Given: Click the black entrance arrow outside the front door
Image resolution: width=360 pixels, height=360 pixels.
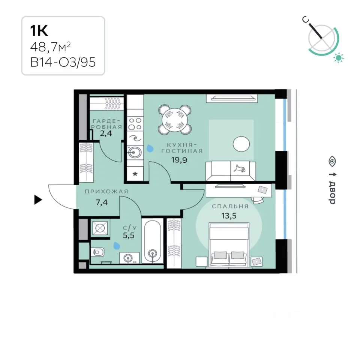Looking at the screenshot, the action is click(x=38, y=199).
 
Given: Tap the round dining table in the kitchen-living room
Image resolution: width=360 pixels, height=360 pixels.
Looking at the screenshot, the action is click(x=175, y=120).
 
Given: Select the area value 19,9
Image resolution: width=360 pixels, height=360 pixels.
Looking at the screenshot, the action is click(x=179, y=160).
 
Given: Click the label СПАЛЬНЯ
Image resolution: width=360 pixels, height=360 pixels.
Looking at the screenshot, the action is click(x=230, y=206).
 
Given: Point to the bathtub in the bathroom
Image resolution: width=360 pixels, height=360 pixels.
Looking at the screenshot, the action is click(x=152, y=241).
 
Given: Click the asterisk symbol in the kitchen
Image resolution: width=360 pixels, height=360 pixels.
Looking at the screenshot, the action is click(x=135, y=174).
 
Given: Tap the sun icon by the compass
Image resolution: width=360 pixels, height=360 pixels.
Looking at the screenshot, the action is click(x=338, y=58).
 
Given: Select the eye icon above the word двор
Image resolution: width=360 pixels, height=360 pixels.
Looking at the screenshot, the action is click(x=332, y=161).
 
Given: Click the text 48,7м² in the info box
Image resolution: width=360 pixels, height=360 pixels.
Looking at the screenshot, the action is click(x=50, y=47).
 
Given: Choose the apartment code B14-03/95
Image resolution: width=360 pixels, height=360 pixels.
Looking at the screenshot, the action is click(x=63, y=62).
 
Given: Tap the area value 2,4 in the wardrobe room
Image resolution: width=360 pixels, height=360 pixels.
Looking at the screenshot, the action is click(x=106, y=133).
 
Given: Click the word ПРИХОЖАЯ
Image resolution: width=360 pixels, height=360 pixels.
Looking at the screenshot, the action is click(x=106, y=192).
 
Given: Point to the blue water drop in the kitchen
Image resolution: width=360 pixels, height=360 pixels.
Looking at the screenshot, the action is click(x=150, y=148).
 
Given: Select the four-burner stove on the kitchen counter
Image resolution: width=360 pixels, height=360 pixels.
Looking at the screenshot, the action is click(x=135, y=124).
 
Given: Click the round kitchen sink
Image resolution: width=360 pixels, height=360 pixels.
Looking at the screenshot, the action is click(x=135, y=152).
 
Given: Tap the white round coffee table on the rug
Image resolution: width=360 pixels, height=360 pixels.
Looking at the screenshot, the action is click(x=241, y=144).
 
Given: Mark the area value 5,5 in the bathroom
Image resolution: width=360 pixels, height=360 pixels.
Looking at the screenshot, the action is click(x=129, y=235).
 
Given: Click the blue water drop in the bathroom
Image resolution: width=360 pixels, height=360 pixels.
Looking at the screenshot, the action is click(x=117, y=245).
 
